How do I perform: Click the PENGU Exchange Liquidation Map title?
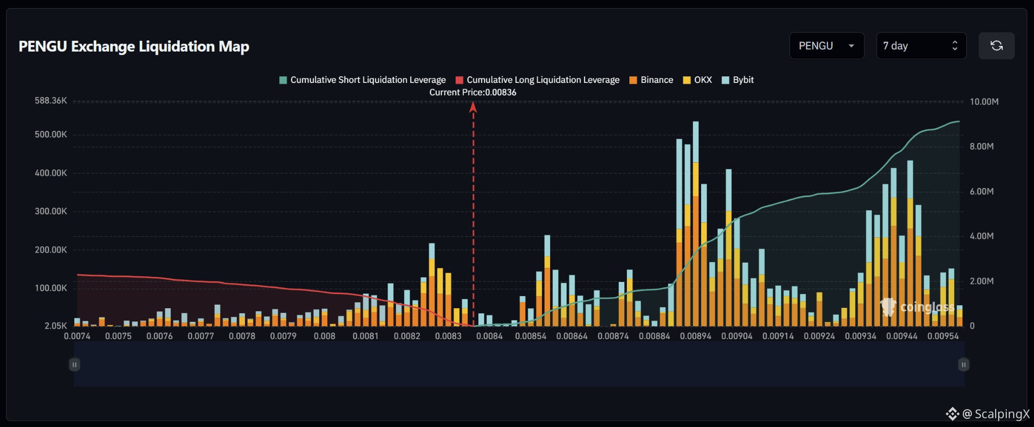[x=134, y=46]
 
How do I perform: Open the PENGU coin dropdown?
[x=827, y=46]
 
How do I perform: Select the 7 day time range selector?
[x=921, y=46]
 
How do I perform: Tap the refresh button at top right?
[x=997, y=46]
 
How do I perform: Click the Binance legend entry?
[x=651, y=80]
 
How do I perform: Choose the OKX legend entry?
[x=697, y=80]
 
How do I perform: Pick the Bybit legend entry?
[x=737, y=80]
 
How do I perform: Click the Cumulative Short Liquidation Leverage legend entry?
[x=363, y=80]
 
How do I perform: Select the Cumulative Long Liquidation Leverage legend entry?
[x=537, y=80]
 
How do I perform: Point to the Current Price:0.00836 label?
[x=473, y=92]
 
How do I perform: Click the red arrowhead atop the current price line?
[x=473, y=107]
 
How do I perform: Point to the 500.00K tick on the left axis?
[x=51, y=134]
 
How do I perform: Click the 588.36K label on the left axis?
[x=51, y=101]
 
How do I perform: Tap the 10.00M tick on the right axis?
[x=984, y=102]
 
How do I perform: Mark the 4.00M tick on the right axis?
[x=981, y=236]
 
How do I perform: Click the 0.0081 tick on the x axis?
[x=365, y=336]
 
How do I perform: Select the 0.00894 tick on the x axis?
[x=696, y=336]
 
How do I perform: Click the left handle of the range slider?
[x=74, y=364]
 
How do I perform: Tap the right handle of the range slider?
[x=964, y=364]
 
